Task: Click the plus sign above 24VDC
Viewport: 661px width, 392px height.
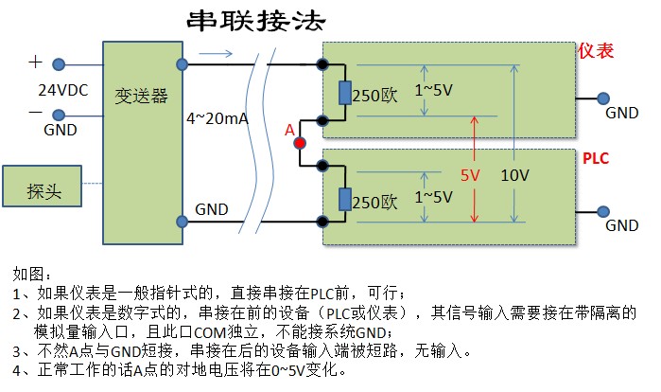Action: [x=36, y=62]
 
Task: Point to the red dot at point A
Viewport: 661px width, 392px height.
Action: [x=300, y=143]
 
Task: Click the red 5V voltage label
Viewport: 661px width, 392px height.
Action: [x=470, y=175]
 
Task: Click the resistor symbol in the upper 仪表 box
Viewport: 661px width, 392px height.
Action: [x=343, y=93]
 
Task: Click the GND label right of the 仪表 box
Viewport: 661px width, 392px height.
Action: [x=621, y=113]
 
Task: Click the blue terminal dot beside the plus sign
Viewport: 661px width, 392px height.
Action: [x=59, y=64]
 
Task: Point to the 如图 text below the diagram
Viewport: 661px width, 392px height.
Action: [x=28, y=274]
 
